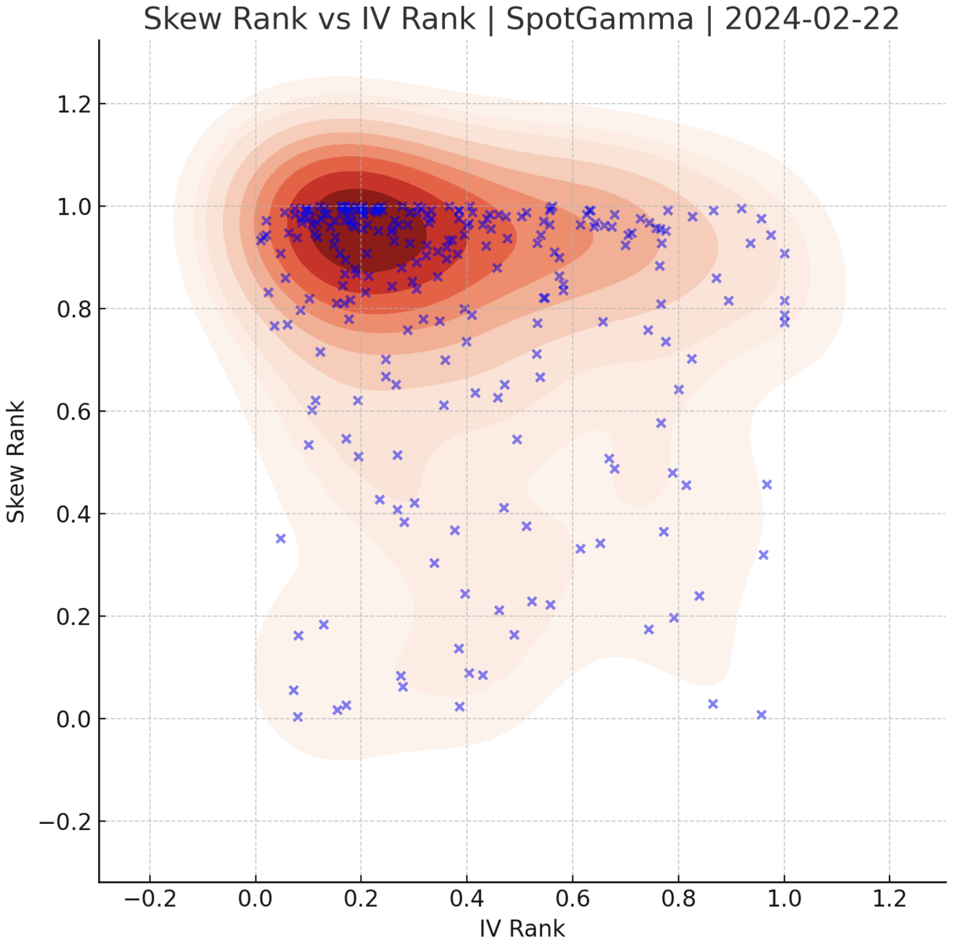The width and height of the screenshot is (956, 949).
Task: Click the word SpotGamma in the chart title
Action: point(599,19)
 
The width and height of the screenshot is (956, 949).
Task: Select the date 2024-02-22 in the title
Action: point(812,19)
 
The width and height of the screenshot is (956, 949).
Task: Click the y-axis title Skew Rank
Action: point(16,461)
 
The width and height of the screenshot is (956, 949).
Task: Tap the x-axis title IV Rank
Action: point(522,929)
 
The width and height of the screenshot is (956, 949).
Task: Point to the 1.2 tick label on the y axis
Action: point(74,105)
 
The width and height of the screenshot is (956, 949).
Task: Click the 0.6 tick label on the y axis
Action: point(74,412)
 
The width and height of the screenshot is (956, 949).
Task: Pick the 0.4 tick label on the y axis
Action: point(74,514)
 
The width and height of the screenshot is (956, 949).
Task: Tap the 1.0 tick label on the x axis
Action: point(784,898)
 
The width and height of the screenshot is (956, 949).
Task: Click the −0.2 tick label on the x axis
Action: point(150,898)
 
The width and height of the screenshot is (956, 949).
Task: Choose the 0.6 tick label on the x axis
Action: point(573,898)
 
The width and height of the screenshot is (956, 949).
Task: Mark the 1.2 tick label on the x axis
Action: point(889,898)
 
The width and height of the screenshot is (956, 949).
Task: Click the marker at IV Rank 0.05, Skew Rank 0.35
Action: point(281,539)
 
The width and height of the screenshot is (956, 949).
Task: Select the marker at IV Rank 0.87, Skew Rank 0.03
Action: point(713,704)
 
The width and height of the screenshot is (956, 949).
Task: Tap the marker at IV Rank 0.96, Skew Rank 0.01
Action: point(761,714)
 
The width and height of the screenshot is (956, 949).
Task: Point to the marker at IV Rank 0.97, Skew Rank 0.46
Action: point(766,484)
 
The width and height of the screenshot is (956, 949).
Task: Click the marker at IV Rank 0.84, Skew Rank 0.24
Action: point(699,595)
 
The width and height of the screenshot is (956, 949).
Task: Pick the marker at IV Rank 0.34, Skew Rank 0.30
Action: point(434,563)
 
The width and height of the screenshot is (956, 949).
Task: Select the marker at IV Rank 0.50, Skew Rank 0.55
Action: point(517,439)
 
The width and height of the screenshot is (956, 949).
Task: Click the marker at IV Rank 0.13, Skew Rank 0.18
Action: point(324,625)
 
